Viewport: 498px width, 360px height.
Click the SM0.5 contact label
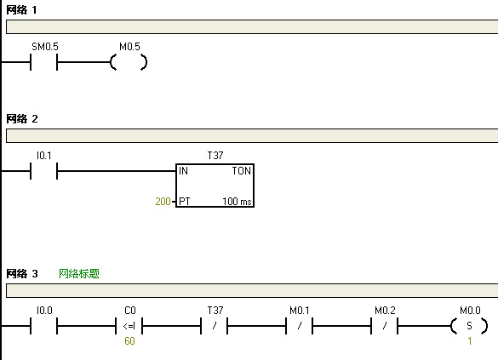45,47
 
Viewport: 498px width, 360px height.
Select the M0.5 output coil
129,62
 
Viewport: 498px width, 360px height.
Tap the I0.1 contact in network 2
43,171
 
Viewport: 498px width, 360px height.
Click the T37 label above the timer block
215,156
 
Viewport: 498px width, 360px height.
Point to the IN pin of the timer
183,171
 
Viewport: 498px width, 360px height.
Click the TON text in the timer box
242,171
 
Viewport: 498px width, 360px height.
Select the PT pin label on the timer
184,201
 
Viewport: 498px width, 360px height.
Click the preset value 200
163,201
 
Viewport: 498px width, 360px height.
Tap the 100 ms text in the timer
237,201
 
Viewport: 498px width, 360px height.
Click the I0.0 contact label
44,311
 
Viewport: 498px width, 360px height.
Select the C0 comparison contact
129,326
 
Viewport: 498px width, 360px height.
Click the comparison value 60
129,341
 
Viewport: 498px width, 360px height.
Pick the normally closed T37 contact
215,326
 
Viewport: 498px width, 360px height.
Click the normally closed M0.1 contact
300,326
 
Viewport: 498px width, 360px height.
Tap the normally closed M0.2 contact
385,326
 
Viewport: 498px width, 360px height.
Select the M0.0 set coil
469,326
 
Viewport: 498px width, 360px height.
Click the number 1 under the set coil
469,341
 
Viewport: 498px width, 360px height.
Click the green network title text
79,274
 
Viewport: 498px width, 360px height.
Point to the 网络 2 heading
22,119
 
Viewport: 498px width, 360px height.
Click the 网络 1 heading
21,10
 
